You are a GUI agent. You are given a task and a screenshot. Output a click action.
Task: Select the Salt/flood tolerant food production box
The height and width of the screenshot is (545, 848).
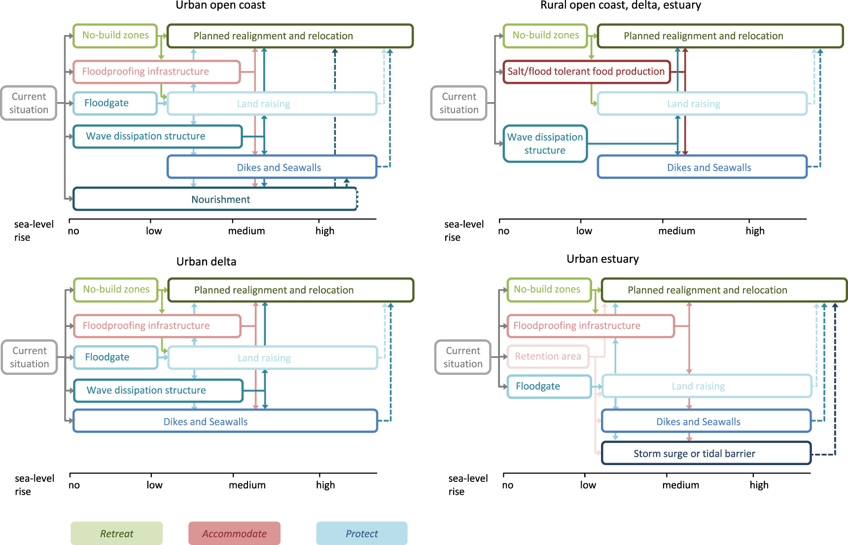(x=586, y=72)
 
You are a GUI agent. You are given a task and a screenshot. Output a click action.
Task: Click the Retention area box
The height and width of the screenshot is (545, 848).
(x=548, y=356)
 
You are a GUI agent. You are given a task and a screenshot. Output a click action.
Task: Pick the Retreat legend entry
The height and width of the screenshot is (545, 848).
(x=116, y=533)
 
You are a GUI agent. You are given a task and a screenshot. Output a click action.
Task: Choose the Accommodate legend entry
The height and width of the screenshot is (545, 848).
(x=234, y=533)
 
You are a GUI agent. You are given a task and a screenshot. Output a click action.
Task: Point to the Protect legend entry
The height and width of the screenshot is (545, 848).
(x=361, y=533)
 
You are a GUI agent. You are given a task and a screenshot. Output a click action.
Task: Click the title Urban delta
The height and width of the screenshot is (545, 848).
(x=206, y=261)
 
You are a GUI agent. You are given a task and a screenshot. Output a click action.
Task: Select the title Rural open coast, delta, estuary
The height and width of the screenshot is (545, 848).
(x=620, y=5)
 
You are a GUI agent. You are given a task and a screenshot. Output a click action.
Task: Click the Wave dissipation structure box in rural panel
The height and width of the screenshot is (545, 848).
(x=545, y=144)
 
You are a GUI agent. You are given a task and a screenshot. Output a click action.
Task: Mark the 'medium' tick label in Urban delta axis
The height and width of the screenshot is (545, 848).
(x=247, y=485)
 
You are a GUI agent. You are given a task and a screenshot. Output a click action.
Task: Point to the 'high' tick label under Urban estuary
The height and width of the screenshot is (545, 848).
(x=759, y=485)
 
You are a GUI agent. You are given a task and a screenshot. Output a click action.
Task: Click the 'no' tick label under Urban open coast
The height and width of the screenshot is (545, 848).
(x=73, y=231)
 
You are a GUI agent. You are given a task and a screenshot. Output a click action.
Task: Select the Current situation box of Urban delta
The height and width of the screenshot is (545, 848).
(x=30, y=357)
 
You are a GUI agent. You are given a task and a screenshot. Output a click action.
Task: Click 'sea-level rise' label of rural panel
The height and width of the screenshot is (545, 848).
(x=463, y=230)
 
